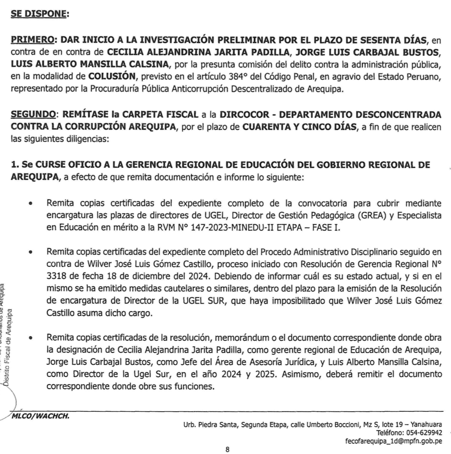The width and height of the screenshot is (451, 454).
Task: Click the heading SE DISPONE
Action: tap(39, 14)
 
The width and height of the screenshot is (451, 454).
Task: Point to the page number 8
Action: tap(227, 449)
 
